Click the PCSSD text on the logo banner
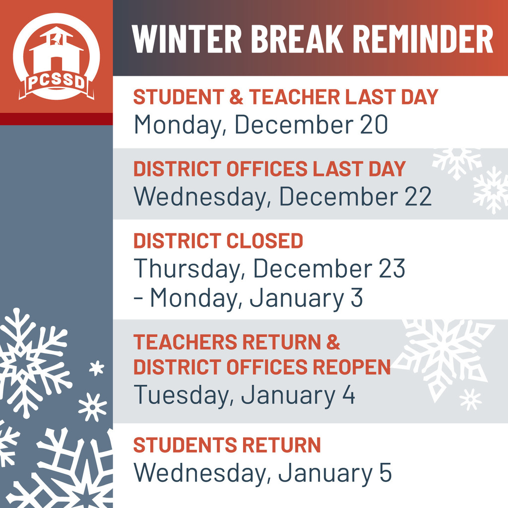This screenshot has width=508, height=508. [x=57, y=82]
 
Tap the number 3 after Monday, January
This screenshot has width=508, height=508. [x=356, y=298]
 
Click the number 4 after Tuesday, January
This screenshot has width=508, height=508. [x=349, y=394]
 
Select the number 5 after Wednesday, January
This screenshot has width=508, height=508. [x=385, y=473]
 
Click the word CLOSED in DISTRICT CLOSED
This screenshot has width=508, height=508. [x=264, y=241]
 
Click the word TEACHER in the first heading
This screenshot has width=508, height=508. [x=294, y=97]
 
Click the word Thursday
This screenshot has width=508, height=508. [x=187, y=269]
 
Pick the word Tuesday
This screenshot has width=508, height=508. [x=184, y=395]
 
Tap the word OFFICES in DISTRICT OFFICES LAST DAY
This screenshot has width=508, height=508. [x=266, y=169]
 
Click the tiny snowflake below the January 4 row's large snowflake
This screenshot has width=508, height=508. [x=471, y=399]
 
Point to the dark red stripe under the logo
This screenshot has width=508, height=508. [x=57, y=119]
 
